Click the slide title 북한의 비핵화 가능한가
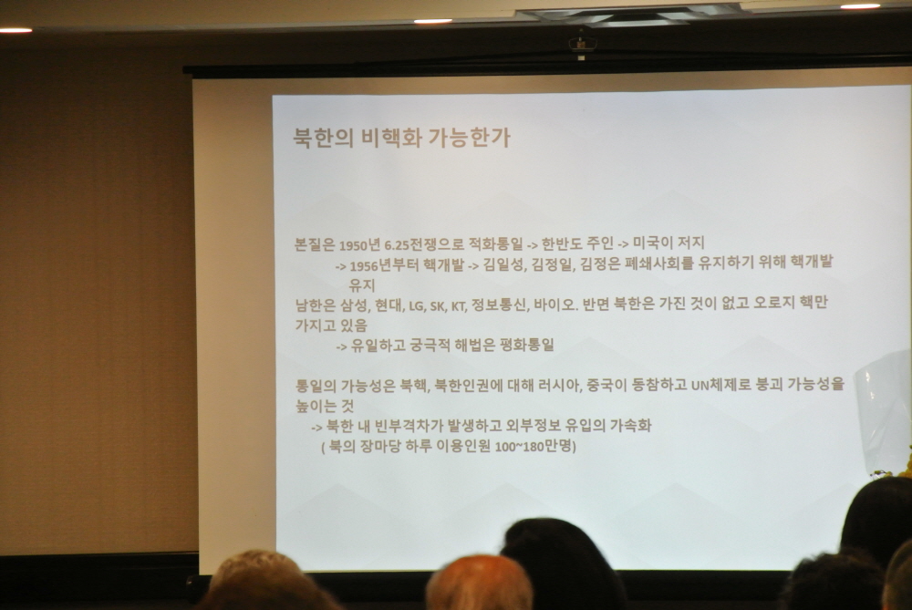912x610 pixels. (x=402, y=138)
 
